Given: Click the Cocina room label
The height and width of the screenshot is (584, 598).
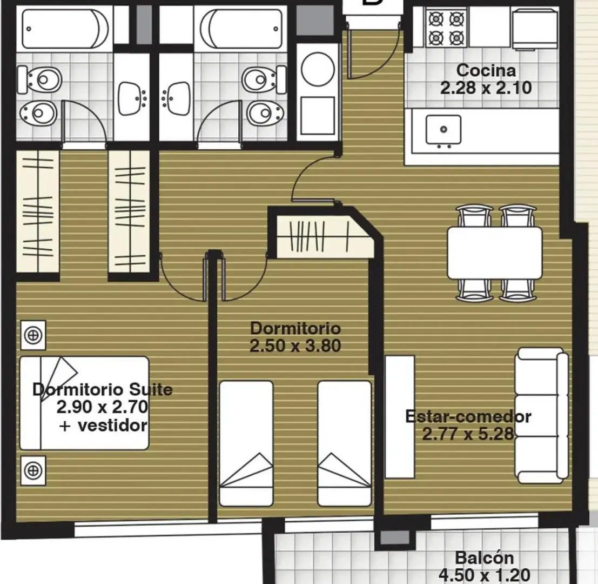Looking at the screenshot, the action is tap(486, 71).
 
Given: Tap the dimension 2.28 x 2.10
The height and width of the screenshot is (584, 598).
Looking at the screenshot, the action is tap(486, 88).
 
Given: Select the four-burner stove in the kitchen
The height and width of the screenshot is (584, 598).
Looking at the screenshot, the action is tap(447, 28).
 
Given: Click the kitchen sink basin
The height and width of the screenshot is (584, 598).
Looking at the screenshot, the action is tap(443, 130).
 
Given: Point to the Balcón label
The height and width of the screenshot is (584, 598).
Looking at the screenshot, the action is tap(485, 558).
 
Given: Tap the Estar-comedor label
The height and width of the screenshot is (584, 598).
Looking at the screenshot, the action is tap(468, 416).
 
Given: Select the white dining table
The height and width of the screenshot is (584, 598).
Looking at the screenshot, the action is tap(495, 253).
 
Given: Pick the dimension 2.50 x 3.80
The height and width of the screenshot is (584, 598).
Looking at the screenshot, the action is tap(295, 346).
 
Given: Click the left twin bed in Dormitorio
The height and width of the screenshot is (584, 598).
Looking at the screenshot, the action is tap(247, 443).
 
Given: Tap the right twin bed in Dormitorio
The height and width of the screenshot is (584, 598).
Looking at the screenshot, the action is tap(345, 443).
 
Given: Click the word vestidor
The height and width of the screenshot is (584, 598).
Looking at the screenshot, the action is tap(112, 426).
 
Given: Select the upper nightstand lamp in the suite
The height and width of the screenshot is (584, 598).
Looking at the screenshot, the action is tap(33, 335).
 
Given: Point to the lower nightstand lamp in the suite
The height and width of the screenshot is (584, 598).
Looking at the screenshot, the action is tap(33, 470).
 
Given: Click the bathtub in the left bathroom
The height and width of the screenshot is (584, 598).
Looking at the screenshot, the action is tap(65, 29).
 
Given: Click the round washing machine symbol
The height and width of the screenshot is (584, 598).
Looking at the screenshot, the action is tap(318, 69).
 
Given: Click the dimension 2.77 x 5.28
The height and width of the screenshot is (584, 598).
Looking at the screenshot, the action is tap(468, 434).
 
